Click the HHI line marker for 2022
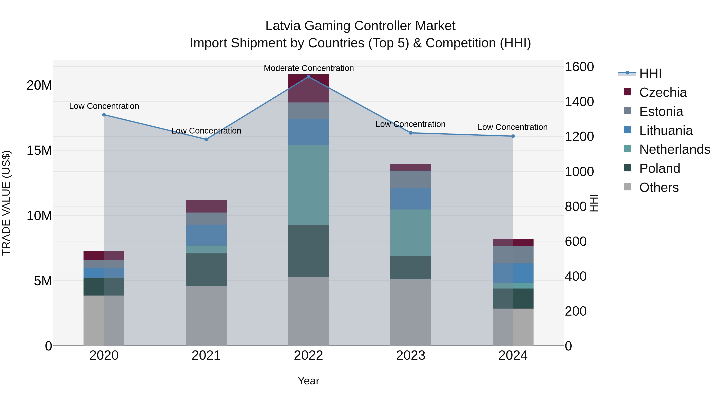tap(308, 77)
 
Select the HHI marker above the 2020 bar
tap(104, 115)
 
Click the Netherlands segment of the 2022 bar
tap(308, 185)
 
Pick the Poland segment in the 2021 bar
tap(206, 270)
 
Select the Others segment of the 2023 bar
tap(411, 312)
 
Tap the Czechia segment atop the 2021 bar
tap(206, 206)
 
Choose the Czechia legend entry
tap(663, 92)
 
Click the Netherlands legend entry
tap(675, 149)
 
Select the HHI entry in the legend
tap(650, 73)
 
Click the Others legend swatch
tap(627, 187)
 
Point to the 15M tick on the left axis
tap(39, 150)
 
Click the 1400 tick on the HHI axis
tap(579, 102)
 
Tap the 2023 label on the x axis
tap(411, 355)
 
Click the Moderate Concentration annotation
tap(309, 68)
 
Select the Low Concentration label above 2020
tap(104, 106)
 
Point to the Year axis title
tap(308, 381)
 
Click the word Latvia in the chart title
tap(283, 26)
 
